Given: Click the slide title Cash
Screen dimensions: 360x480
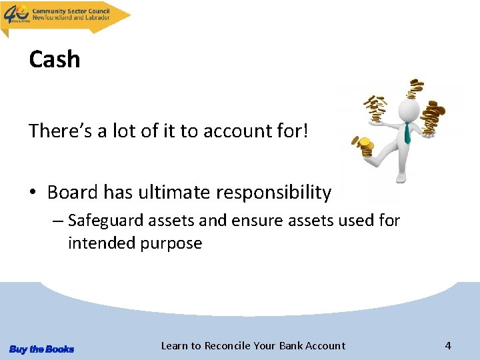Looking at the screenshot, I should tap(54, 59).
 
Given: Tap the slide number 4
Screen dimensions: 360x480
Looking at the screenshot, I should tap(448, 345).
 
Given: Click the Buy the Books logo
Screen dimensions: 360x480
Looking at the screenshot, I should tap(41, 349).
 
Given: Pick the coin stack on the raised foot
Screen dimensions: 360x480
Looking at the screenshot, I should tap(365, 147).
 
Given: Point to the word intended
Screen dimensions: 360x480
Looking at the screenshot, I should tap(101, 243).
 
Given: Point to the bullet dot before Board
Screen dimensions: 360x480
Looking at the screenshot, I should tap(33, 193).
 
